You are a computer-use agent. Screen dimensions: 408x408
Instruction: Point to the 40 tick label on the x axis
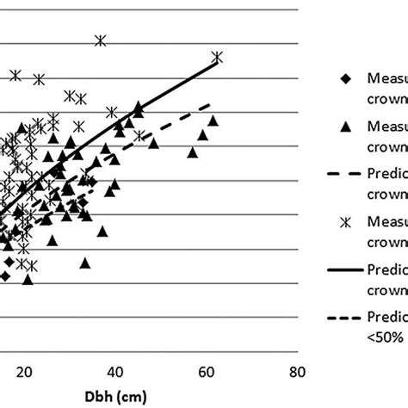114,371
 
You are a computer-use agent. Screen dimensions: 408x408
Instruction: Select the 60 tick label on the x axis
206,371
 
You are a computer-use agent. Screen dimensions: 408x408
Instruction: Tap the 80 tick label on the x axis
296,371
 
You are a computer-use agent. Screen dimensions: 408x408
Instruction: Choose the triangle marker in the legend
345,127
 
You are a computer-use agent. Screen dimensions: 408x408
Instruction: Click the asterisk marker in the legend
345,222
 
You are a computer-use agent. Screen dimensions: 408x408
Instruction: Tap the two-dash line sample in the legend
345,175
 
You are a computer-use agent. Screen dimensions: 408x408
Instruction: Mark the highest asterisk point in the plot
101,40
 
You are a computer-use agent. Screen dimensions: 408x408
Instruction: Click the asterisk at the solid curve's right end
217,57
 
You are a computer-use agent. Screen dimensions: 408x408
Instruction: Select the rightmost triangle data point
213,121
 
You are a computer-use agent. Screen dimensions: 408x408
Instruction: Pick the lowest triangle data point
28,279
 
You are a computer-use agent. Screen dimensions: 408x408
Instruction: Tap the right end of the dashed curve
211,104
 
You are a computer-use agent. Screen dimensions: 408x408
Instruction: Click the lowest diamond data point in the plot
4,276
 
